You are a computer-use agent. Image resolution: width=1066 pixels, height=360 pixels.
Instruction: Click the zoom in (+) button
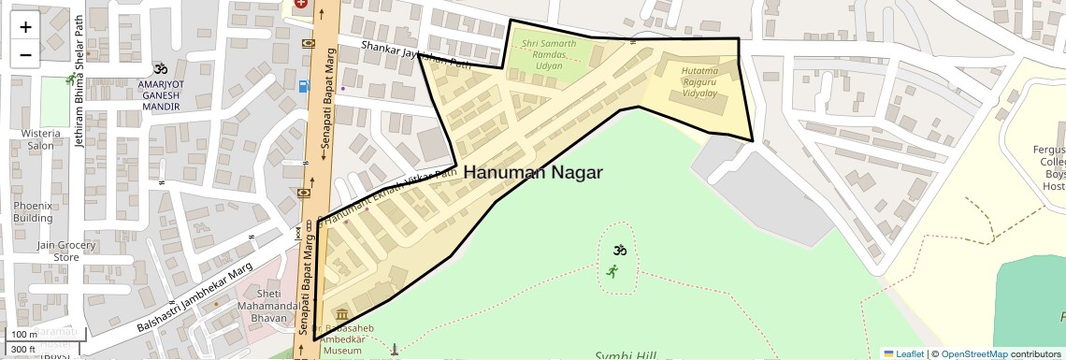coord(25,27)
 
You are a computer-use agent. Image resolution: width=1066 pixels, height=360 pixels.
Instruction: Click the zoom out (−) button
coord(25,54)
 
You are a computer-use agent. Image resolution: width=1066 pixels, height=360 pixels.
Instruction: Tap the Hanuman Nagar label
coord(532,172)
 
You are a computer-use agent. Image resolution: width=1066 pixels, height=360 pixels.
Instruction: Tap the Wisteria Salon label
coord(40,139)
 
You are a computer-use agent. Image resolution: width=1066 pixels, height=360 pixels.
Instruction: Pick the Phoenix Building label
coord(33,211)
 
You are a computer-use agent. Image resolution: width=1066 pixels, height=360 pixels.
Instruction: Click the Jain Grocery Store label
coord(66,251)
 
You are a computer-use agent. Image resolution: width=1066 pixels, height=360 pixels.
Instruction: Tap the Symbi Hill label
coord(626,355)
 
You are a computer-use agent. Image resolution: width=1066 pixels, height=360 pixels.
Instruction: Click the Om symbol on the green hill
coord(617,251)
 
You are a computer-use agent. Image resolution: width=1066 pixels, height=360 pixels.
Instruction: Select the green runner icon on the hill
coord(612,271)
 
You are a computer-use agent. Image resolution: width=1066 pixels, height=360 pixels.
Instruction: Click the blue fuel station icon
coord(303,87)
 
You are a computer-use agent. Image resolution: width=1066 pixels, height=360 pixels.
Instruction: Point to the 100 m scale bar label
coord(23,335)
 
